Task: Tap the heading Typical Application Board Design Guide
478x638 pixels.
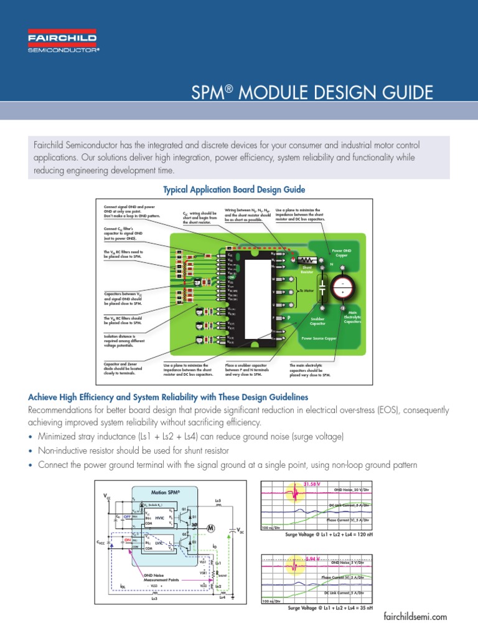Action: [x=234, y=189]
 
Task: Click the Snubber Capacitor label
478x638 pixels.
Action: [x=318, y=321]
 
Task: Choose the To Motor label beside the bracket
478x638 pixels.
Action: [x=306, y=290]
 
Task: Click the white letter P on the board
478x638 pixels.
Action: [x=289, y=317]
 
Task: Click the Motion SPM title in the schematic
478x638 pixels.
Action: [x=165, y=492]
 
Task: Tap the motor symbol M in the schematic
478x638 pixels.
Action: [x=210, y=528]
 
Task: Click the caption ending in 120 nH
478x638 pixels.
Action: [x=329, y=533]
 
